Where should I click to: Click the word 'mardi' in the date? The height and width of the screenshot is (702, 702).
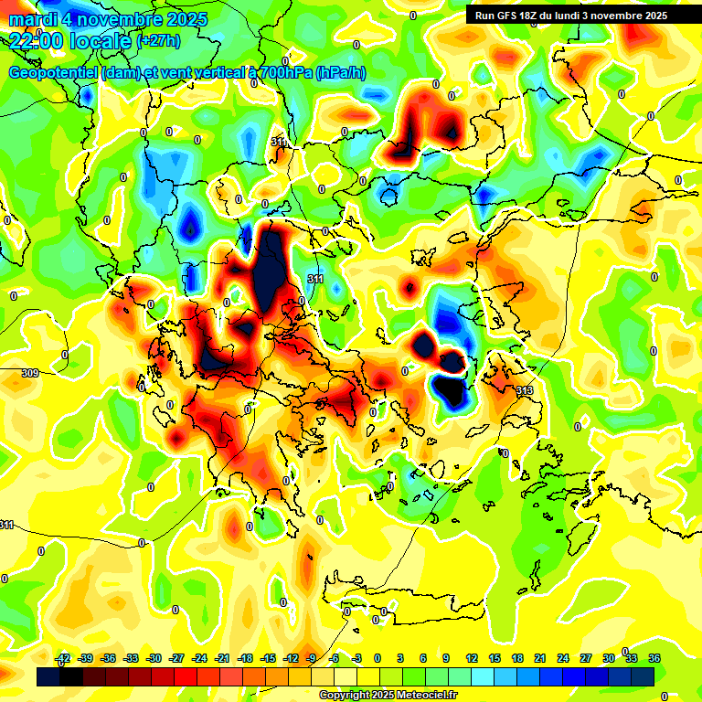[x=33, y=19]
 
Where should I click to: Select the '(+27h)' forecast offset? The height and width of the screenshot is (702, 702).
[x=157, y=41]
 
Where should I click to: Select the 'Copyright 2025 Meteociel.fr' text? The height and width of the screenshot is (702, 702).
[x=387, y=696]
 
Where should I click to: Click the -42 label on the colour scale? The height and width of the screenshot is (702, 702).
[x=63, y=659]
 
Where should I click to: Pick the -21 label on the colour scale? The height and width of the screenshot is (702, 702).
[x=222, y=659]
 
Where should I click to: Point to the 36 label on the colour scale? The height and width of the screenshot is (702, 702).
[x=654, y=659]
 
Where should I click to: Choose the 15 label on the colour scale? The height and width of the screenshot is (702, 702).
[x=495, y=659]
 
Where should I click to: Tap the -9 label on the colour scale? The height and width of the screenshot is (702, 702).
[x=312, y=659]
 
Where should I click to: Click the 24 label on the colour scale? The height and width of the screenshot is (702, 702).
[x=562, y=659]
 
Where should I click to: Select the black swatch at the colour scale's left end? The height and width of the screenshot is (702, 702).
[x=49, y=676]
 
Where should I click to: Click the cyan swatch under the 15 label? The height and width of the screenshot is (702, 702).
[x=495, y=676]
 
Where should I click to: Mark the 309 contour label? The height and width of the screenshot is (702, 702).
[x=30, y=373]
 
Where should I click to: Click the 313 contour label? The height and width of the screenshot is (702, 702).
[x=525, y=390]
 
